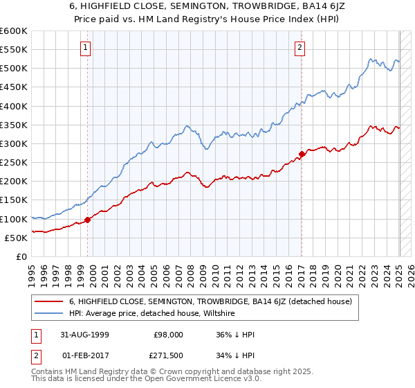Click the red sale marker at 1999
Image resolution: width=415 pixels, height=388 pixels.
88,220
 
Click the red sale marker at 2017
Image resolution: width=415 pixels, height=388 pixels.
302,154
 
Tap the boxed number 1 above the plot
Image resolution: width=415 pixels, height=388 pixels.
84,48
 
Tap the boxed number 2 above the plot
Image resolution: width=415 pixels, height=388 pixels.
299,48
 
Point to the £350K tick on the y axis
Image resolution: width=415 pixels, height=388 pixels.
15,125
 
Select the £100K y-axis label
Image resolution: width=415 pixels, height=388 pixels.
15,219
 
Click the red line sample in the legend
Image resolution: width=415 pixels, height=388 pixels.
50,302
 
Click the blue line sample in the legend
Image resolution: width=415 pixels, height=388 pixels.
50,314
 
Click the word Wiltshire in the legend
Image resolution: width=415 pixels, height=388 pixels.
218,314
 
